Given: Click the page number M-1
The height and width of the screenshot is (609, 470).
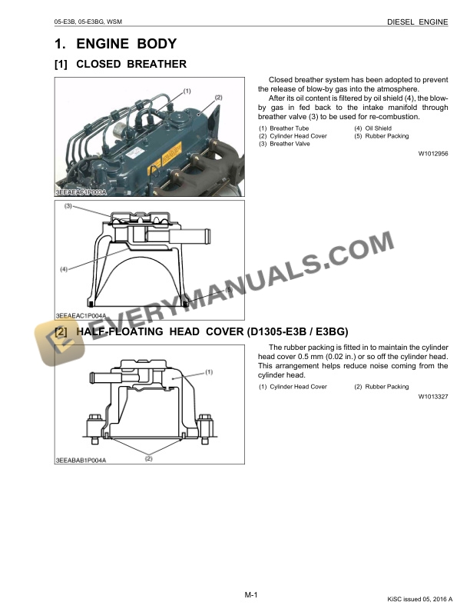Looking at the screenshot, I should tap(250, 595).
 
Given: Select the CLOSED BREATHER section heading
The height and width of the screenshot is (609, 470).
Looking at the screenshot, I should tap(131, 64).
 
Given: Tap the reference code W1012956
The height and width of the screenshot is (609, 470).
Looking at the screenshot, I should tap(433, 154).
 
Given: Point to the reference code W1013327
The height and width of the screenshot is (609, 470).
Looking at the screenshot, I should tap(433, 397).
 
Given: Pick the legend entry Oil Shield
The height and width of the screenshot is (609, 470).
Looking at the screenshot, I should tap(377, 128).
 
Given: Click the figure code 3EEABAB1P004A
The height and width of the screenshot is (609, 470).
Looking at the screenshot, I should tap(81, 459).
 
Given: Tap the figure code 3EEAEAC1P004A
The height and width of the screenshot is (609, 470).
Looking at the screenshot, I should tap(81, 315).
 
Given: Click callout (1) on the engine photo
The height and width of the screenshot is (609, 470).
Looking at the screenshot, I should tap(187, 91).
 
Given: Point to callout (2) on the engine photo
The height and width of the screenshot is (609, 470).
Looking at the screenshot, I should tap(218, 98).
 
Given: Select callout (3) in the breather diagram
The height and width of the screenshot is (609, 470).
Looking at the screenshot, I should tap(68, 206).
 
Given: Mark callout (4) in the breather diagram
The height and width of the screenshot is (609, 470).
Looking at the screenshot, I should tap(64, 268).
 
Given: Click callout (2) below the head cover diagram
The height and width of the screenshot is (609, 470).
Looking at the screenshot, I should tap(148, 459).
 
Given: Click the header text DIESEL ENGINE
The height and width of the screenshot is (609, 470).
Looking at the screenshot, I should tap(418, 22).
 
